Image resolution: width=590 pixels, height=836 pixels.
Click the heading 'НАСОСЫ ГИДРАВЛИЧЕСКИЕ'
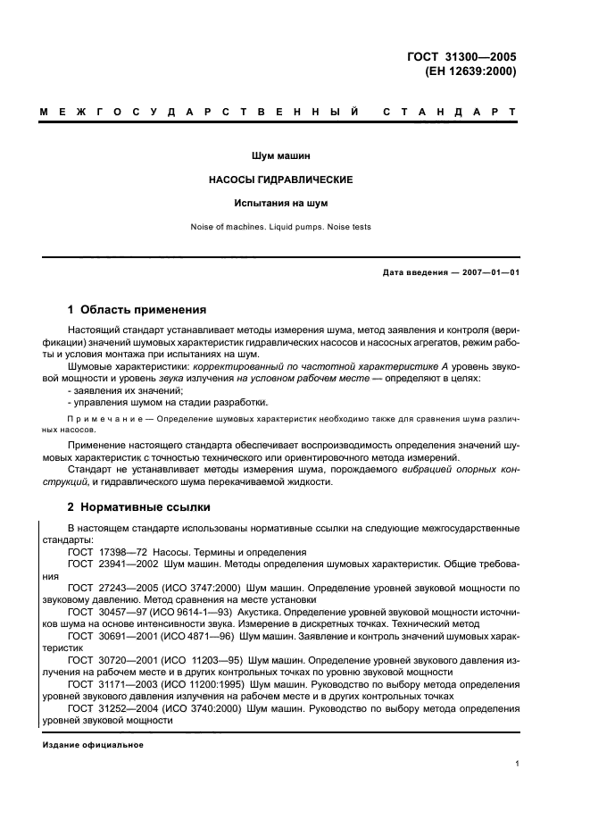[280, 180]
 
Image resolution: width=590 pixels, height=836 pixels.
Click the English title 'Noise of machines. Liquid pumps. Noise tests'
[280, 227]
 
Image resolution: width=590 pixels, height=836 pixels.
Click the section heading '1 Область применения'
[137, 310]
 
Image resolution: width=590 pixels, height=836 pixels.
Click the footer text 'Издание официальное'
[93, 744]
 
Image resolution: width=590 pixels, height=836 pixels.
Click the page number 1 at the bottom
[517, 764]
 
